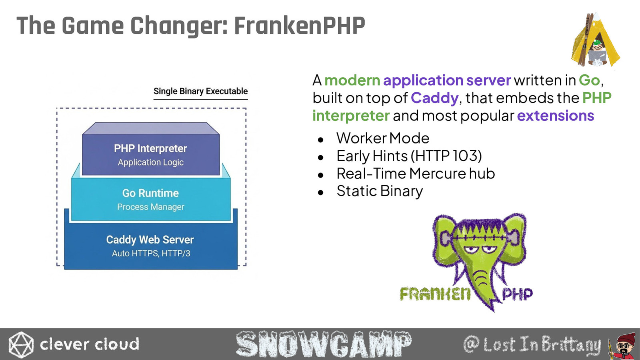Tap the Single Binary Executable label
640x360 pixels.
[200, 91]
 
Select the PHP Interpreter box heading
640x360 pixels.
[150, 148]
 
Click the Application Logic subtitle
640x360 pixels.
[150, 162]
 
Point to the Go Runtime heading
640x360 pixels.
[150, 193]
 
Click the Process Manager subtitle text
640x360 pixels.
[150, 206]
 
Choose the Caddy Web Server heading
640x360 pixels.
[150, 240]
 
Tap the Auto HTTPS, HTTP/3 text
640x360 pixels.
[151, 253]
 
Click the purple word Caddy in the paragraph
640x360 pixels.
[434, 98]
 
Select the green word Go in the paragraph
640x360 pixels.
[589, 80]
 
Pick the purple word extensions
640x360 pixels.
[556, 116]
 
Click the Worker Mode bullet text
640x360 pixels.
[383, 138]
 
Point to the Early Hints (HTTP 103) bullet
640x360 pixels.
[409, 156]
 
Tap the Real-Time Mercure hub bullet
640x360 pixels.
[416, 174]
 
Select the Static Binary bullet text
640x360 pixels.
[380, 192]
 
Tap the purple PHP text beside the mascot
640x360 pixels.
[517, 294]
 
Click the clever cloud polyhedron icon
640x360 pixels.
[21, 344]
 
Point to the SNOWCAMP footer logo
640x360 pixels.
[324, 344]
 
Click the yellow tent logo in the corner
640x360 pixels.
[596, 40]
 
